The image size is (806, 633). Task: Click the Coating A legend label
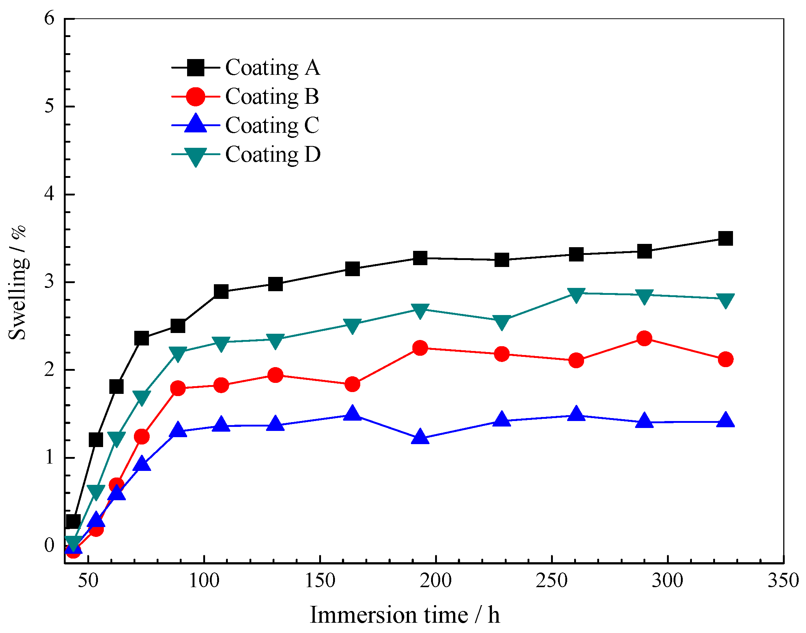(x=273, y=68)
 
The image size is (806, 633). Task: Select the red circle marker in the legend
(x=196, y=97)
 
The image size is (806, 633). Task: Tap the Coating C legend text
(x=272, y=126)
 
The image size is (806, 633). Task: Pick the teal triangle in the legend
(x=196, y=156)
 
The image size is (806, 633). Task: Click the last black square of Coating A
(x=725, y=238)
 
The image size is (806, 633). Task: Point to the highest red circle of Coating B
(x=644, y=339)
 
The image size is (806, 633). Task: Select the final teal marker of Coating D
(x=725, y=300)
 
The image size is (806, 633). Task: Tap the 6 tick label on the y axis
(x=49, y=18)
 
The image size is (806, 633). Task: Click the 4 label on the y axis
(x=49, y=194)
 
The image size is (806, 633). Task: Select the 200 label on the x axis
(x=435, y=581)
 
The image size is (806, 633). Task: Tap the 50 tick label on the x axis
(x=88, y=581)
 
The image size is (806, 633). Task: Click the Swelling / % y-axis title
(x=17, y=282)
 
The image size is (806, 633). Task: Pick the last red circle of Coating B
(x=725, y=359)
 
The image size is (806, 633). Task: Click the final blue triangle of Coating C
(x=725, y=420)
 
